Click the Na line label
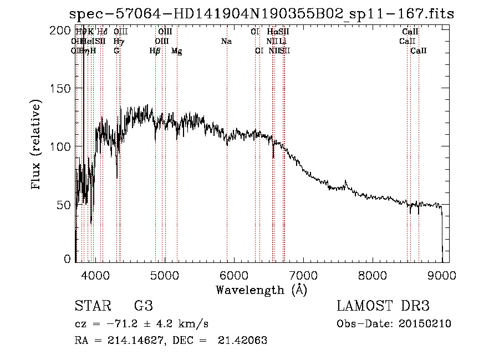point(226,42)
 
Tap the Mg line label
point(177,51)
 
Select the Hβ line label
point(155,51)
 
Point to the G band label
point(116,50)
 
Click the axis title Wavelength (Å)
point(261,290)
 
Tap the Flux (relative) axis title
point(37,145)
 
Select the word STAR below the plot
point(92,306)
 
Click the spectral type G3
point(143,306)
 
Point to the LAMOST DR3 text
point(383,306)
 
